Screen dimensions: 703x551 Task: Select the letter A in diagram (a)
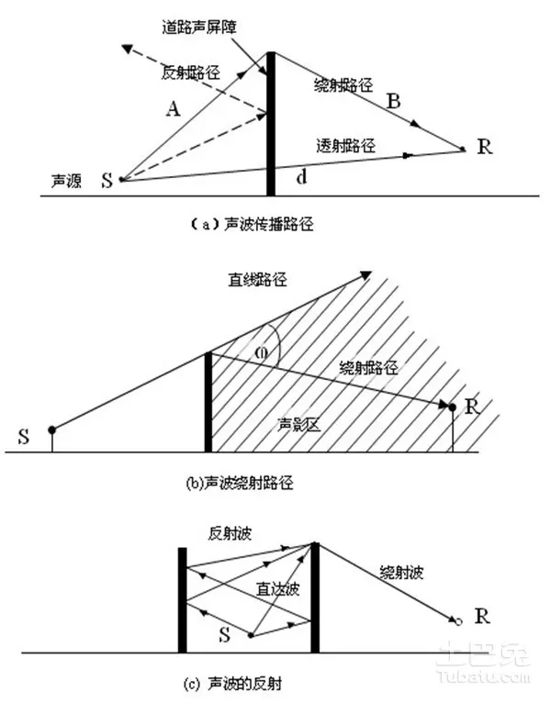point(172,109)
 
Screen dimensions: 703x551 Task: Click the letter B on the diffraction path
point(392,103)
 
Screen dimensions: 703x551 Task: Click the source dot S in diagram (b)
point(51,430)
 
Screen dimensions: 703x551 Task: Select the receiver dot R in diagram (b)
point(452,405)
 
